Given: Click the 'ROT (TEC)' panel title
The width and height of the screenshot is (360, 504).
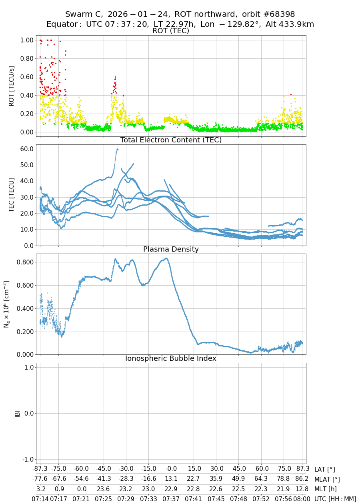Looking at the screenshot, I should [171, 31].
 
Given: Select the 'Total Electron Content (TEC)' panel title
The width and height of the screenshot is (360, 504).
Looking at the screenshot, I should [171, 140].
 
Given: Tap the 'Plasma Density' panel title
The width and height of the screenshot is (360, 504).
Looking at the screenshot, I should [171, 249].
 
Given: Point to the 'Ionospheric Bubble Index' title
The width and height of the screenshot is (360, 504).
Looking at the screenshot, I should [171, 358].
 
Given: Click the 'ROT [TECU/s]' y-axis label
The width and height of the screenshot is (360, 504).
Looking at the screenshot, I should [12, 86].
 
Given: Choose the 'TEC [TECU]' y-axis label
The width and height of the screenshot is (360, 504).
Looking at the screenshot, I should [12, 195].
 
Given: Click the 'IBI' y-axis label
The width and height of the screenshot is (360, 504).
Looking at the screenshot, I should [17, 413].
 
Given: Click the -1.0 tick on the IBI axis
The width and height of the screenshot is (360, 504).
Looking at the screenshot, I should [26, 459].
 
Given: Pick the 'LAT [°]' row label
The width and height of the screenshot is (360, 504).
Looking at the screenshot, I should [324, 470].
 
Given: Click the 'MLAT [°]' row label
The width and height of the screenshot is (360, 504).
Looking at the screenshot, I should [327, 479].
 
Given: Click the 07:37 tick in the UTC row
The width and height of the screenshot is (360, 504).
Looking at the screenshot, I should [171, 499].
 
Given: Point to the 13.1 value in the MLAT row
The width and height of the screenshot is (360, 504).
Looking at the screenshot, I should [171, 479].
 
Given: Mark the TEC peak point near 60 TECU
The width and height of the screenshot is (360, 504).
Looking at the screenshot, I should [117, 149].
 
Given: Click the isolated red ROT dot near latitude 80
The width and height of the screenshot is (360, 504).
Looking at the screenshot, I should [291, 94].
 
